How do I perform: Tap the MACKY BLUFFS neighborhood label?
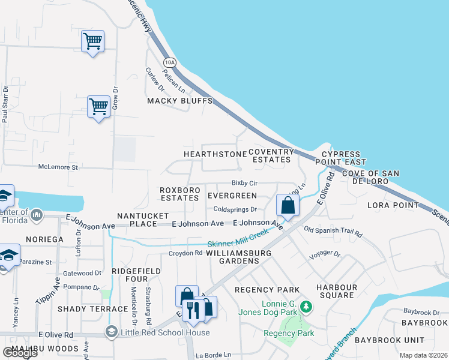click(x=180, y=101)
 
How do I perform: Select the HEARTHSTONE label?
click(x=215, y=154)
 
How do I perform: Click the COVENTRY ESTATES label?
click(x=271, y=156)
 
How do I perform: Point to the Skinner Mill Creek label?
click(x=238, y=240)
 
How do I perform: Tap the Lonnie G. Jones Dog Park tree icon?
click(x=307, y=307)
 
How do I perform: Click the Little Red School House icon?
click(x=111, y=332)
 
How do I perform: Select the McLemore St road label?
click(x=58, y=167)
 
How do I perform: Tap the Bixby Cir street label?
click(x=244, y=182)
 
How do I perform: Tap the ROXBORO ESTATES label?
click(x=179, y=193)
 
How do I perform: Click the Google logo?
click(x=19, y=353)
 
